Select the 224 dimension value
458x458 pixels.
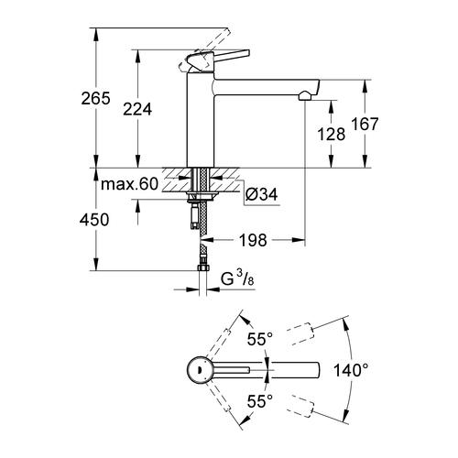(x=138, y=109)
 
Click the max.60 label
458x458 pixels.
(x=128, y=186)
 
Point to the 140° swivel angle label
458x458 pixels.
(x=352, y=371)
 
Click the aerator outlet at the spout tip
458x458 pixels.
(x=303, y=94)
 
